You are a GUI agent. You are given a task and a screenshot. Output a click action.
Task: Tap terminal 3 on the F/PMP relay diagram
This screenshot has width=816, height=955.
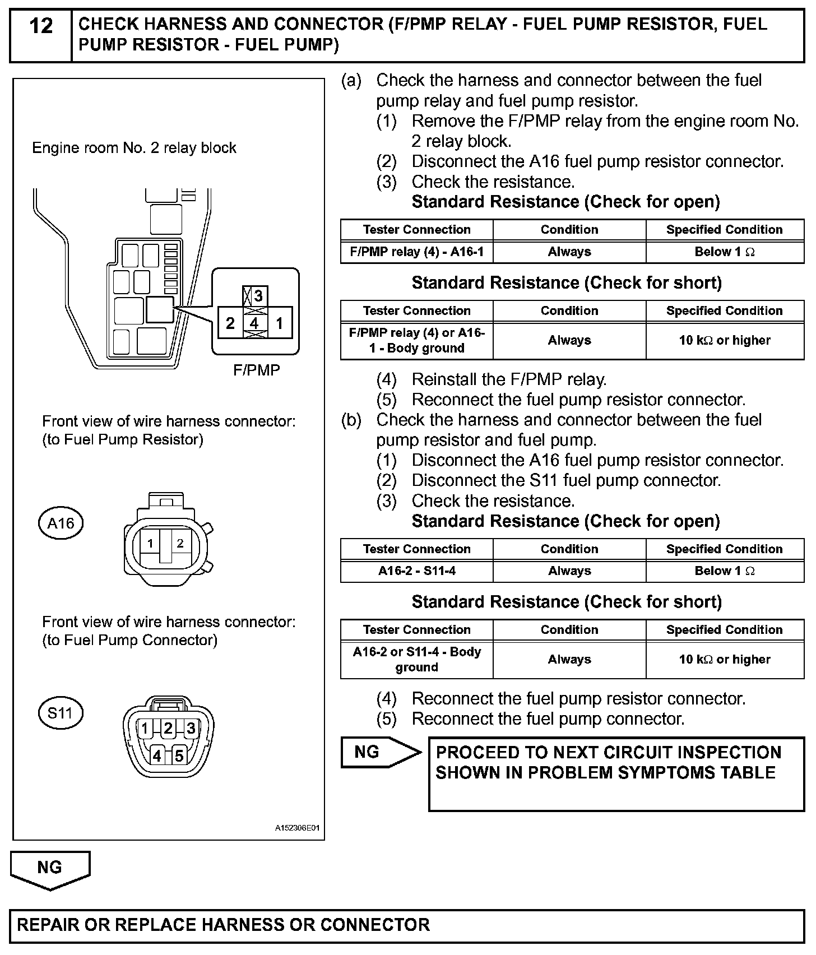258,295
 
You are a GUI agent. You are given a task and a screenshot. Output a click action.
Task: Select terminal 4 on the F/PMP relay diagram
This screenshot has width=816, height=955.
254,323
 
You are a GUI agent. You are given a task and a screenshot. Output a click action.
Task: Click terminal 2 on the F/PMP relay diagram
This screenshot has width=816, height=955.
230,323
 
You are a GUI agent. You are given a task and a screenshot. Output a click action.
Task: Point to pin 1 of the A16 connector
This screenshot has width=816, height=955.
150,543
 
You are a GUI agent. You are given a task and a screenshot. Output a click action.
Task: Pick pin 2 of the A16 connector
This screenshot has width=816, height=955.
180,543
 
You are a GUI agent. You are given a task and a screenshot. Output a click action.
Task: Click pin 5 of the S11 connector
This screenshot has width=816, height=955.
179,755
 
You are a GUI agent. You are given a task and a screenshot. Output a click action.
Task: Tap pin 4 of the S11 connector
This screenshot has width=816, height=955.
157,755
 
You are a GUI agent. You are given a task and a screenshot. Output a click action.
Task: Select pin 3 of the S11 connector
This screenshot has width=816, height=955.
191,728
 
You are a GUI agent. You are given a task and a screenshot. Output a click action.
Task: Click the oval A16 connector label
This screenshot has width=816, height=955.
61,523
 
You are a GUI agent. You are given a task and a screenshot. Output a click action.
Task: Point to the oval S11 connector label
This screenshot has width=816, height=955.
60,713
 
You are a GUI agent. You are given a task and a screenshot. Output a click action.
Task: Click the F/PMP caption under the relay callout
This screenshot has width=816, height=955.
256,370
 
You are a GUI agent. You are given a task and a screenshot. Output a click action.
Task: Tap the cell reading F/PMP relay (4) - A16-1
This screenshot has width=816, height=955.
416,252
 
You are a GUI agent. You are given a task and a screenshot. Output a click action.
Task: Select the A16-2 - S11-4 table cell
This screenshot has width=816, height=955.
416,571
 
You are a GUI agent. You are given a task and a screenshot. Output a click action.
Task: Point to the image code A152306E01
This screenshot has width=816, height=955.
297,828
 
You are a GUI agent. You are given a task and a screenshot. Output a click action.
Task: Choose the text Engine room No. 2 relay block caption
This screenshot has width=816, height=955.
134,148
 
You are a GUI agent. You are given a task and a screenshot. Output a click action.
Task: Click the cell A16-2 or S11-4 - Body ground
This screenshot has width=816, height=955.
416,659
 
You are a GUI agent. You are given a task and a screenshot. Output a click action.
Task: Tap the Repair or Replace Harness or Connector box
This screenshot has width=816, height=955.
407,924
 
